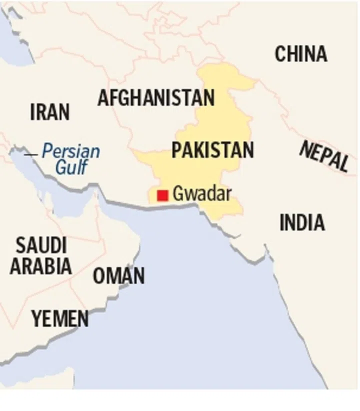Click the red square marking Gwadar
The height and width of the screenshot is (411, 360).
click(162, 195)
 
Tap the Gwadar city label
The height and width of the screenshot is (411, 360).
click(201, 193)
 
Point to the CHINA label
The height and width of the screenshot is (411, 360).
click(301, 54)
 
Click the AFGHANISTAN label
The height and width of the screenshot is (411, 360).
click(156, 97)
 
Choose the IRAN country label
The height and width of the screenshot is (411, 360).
click(50, 112)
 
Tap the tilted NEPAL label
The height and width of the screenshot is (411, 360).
click(324, 156)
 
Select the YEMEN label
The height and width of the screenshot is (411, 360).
click(60, 318)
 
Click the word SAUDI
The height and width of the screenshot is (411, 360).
click(41, 245)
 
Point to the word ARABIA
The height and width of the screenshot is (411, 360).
click(41, 266)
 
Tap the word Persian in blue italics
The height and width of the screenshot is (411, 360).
click(70, 151)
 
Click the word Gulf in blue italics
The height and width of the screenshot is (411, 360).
click(71, 167)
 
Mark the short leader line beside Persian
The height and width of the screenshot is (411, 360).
click(31, 154)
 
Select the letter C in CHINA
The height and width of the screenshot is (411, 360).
click(280, 54)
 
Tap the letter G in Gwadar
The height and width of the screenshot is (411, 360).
click(177, 193)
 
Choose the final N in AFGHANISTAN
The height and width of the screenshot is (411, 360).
click(209, 97)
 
